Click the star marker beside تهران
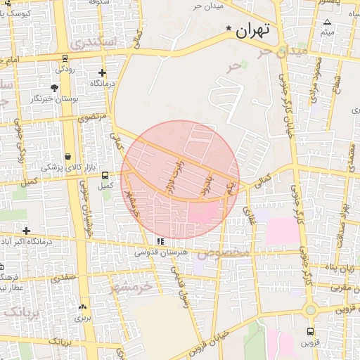[229, 29]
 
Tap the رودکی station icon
[65, 58]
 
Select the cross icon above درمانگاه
[103, 72]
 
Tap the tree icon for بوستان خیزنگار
[54, 88]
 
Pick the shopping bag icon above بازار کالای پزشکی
[67, 156]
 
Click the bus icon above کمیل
[105, 175]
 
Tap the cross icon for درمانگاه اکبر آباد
[27, 231]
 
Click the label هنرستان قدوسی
[162, 251]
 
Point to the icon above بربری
[83, 307]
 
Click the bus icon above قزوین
[311, 333]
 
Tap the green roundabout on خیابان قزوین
[310, 309]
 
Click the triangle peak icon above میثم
[327, 22]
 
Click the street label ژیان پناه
[340, 268]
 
